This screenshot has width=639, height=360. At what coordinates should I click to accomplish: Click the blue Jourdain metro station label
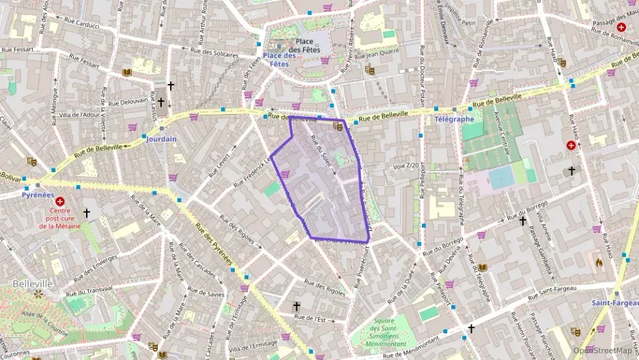coord(160,139)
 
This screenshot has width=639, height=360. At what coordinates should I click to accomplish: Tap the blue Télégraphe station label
coord(454,119)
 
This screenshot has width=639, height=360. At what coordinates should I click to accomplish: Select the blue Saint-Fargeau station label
coord(614,303)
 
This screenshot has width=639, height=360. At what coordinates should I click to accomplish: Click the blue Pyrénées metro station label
coord(38,195)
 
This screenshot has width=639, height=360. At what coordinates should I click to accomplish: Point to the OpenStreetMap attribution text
coord(602,350)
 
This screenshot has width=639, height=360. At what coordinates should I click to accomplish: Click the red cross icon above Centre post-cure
coord(60,202)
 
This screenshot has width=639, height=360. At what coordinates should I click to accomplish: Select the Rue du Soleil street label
coord(322,152)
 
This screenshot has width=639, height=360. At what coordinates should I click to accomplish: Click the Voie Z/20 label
coord(406,165)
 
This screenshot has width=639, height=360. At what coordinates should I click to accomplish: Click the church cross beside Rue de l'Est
coord(296,306)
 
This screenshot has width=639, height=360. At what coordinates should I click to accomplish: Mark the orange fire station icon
coord(599,262)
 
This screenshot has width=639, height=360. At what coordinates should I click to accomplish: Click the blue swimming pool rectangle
coord(501,178)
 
